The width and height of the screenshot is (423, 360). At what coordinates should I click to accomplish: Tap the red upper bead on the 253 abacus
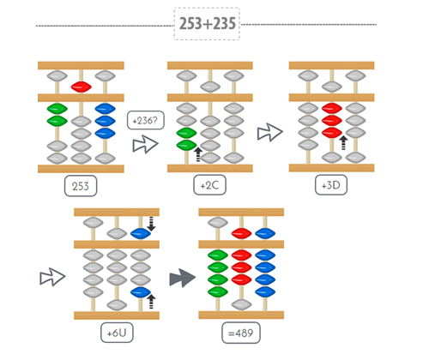(82, 87)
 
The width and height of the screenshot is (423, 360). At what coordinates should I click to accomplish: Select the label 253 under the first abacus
(81, 185)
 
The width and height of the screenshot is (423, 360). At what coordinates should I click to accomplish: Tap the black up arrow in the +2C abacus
(198, 153)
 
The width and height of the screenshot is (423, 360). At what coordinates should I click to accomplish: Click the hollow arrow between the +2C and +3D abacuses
(270, 132)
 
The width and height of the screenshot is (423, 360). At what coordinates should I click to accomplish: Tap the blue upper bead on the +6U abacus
(141, 232)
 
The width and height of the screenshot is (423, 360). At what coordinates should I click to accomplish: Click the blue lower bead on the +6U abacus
(141, 292)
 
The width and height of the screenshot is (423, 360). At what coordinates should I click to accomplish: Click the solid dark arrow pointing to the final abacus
(180, 277)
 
